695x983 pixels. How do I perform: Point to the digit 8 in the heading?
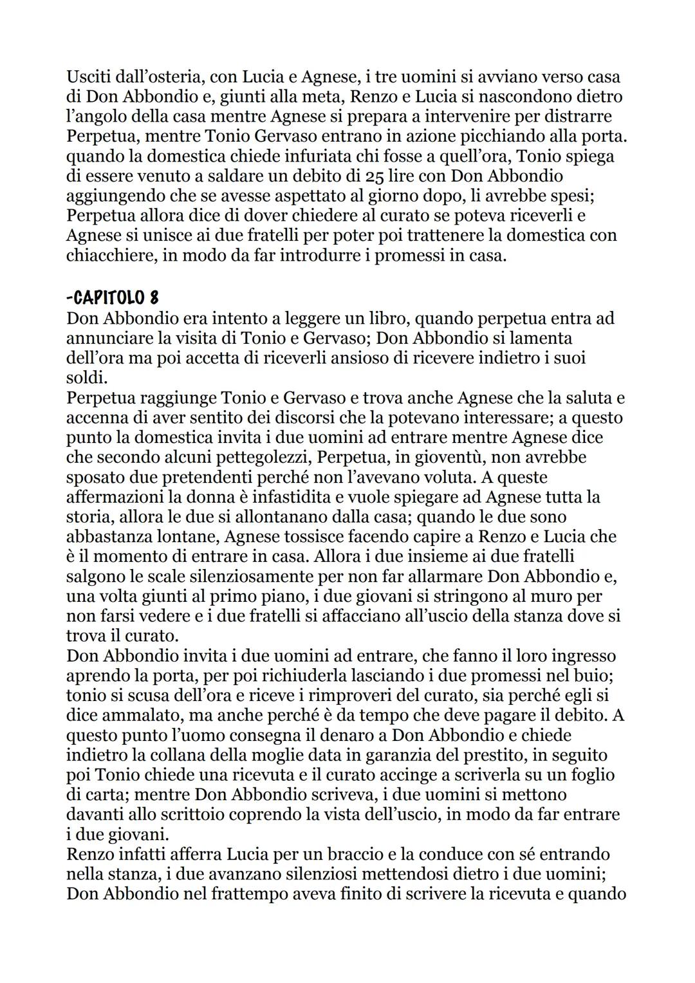154,298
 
